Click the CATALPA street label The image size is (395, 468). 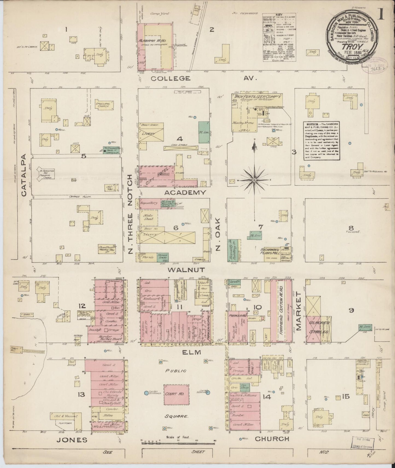(24, 175)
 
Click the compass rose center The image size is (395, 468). (254, 180)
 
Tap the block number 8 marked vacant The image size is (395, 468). (351, 228)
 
